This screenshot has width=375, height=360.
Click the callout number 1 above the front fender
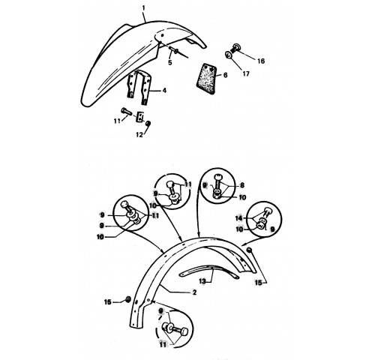(x=143, y=8)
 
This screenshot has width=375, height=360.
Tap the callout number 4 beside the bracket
(x=164, y=90)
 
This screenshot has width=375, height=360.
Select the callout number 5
(x=170, y=62)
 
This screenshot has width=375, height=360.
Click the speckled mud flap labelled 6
(x=205, y=79)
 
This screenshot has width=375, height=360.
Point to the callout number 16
(x=261, y=61)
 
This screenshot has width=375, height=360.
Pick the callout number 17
(x=246, y=73)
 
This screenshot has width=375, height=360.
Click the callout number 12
(x=139, y=135)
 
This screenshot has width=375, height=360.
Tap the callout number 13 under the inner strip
(x=202, y=281)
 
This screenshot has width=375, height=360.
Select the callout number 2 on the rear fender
(x=194, y=292)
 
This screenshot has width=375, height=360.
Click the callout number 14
(x=239, y=218)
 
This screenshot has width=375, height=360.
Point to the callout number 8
(x=242, y=185)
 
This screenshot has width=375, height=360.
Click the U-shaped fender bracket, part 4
(x=139, y=88)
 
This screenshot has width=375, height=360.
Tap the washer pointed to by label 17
(x=228, y=55)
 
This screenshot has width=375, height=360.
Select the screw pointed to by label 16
(x=235, y=47)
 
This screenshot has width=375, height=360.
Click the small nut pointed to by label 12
(x=148, y=123)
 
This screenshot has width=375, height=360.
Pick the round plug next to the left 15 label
(x=128, y=299)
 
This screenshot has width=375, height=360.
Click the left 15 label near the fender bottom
(x=108, y=302)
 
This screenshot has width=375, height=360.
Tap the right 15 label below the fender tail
(x=258, y=283)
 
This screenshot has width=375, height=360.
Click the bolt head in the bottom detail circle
(x=184, y=332)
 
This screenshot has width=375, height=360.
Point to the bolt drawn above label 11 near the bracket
(x=126, y=112)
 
